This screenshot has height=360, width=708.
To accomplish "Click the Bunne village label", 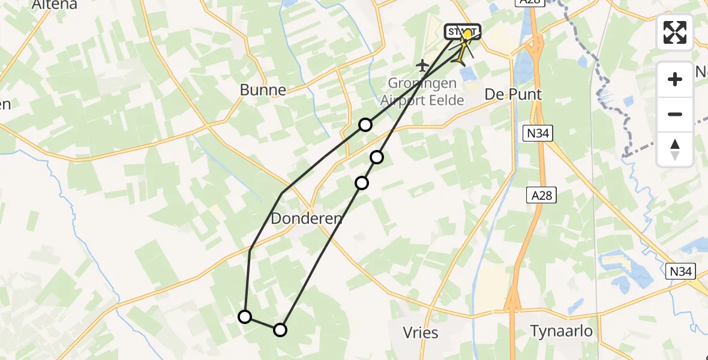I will tap(263, 90).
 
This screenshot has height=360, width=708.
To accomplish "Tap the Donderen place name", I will tap(307, 219).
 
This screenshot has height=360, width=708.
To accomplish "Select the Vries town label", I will tap(421, 332).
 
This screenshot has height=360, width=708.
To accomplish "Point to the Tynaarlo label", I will tap(562, 331).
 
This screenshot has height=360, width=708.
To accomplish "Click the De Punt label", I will tap(513, 94).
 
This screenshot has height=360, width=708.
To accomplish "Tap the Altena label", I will tap(55, 5).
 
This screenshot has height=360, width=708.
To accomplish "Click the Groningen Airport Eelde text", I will tap(422, 92).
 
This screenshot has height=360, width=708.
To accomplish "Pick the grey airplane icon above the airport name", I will tap(422, 64).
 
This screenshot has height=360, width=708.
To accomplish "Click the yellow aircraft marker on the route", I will tap(461, 57).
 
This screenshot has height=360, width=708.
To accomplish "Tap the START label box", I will tap(462, 31).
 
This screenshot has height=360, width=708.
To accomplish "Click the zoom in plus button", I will tap(675, 79).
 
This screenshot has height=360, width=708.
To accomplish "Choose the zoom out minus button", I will tap(675, 114).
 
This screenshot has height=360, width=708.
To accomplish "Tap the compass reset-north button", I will tap(675, 149).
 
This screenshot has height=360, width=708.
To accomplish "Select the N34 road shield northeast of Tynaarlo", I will tap(681, 272).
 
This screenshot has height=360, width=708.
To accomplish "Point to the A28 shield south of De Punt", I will tap(542, 194).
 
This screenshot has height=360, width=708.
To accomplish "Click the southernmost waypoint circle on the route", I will tap(280, 329).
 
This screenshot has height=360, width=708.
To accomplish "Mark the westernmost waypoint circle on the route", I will tap(245, 317).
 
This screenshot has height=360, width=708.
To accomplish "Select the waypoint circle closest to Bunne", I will tap(365, 125).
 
